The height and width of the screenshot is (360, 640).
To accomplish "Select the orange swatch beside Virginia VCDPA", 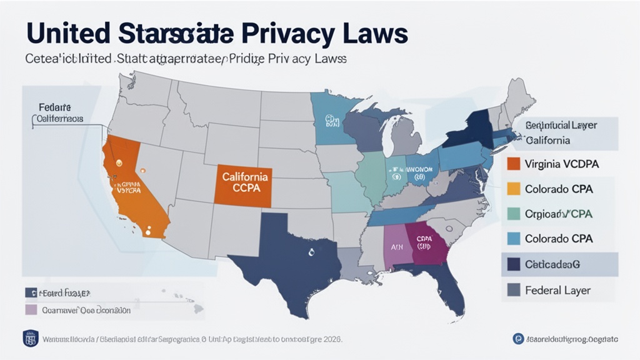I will tap(513, 164).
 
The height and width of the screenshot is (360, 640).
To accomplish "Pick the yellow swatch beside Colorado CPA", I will tap(513, 189).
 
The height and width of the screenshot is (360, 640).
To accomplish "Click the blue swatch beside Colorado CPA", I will tap(513, 239).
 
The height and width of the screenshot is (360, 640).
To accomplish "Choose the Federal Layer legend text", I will tap(557, 290).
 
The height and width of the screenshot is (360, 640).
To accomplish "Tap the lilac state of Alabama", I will tap(395, 247).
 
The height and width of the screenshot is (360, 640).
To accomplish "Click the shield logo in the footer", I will tap(31, 338).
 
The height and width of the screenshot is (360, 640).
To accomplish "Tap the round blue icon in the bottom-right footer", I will tap(517, 338).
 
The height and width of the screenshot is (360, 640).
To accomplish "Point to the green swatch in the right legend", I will tap(513, 214).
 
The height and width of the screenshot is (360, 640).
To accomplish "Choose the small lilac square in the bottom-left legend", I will tap(29, 309).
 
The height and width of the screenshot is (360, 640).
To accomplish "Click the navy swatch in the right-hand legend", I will tap(513, 264).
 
